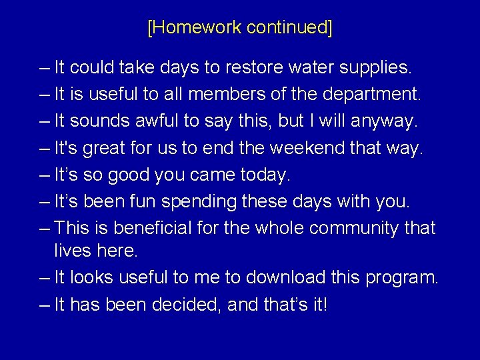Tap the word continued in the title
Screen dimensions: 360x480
(288, 27)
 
